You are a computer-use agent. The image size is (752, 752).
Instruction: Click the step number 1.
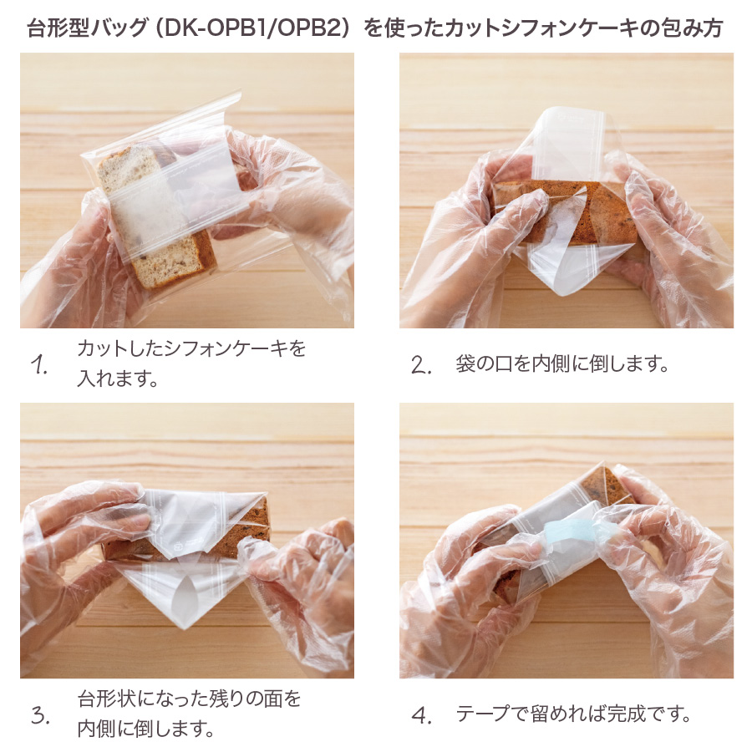tap(38, 364)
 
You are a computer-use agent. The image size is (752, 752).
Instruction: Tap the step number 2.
tap(420, 364)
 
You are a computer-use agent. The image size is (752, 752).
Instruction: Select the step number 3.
tap(40, 714)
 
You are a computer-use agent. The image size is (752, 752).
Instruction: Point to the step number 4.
tap(422, 714)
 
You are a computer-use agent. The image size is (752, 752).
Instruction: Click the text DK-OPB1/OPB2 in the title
tap(255, 28)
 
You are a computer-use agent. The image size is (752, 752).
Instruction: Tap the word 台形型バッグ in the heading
tap(87, 28)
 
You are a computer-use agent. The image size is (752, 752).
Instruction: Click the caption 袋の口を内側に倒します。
tap(562, 364)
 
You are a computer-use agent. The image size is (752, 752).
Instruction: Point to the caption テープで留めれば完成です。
tap(572, 714)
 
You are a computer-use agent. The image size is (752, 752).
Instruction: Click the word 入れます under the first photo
tap(112, 379)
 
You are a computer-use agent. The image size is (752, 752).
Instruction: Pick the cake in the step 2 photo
tap(565, 212)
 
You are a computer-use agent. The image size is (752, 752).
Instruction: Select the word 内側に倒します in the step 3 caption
tap(138, 729)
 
